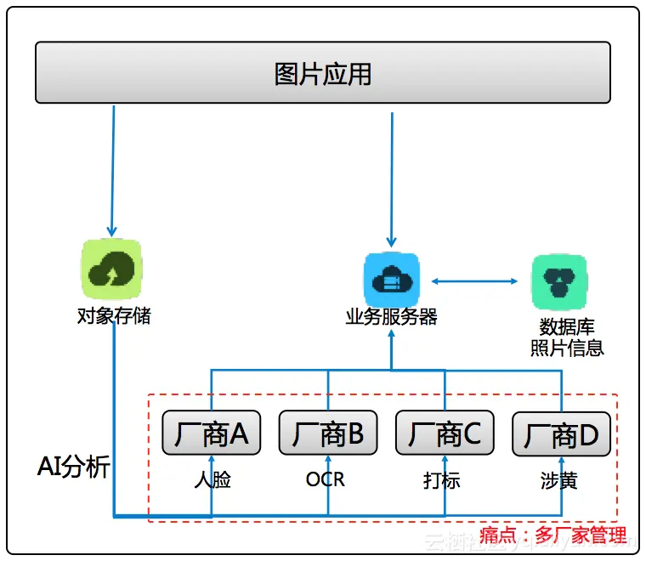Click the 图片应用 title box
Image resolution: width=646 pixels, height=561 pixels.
pyautogui.click(x=322, y=73)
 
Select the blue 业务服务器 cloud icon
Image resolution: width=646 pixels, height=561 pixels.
pyautogui.click(x=391, y=279)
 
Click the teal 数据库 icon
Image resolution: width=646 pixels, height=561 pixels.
pyautogui.click(x=559, y=281)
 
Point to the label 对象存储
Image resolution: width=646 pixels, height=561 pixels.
pyautogui.click(x=113, y=317)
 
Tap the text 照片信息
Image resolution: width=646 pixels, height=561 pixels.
pyautogui.click(x=567, y=347)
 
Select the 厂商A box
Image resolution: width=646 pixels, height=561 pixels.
pyautogui.click(x=211, y=434)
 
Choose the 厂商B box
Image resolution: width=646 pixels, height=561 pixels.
pyautogui.click(x=328, y=434)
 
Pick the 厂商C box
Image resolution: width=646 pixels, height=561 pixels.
pyautogui.click(x=445, y=434)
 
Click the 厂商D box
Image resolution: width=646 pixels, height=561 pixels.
pyautogui.click(x=561, y=435)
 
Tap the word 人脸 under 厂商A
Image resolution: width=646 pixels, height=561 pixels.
pyautogui.click(x=212, y=480)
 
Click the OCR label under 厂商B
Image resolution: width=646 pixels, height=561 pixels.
pyautogui.click(x=326, y=479)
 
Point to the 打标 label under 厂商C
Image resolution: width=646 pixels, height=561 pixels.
pyautogui.click(x=442, y=480)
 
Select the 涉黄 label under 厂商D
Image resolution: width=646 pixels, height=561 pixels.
pyautogui.click(x=558, y=480)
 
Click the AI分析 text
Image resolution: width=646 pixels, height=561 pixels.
pyautogui.click(x=74, y=467)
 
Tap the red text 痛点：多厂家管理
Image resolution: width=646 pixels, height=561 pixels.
pyautogui.click(x=553, y=535)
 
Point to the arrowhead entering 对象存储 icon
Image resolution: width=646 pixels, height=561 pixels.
pyautogui.click(x=110, y=231)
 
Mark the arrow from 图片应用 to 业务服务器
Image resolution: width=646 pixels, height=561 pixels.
pyautogui.click(x=392, y=178)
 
